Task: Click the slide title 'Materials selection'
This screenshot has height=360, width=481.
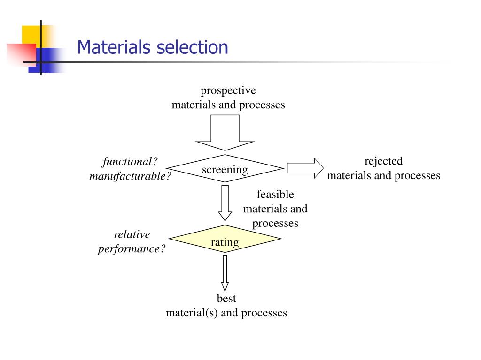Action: (153, 48)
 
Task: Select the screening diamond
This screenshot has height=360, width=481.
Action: (225, 169)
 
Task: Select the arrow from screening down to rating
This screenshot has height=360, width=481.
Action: (225, 202)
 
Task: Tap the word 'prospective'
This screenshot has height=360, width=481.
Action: (228, 90)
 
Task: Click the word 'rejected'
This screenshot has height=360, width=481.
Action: (384, 161)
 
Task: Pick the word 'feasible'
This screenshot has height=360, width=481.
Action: (275, 194)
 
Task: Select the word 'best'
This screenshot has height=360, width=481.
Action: (226, 298)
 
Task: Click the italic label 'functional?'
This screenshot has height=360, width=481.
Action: (130, 162)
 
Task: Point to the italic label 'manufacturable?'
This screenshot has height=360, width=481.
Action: (130, 176)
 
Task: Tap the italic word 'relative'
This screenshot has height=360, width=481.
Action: (132, 234)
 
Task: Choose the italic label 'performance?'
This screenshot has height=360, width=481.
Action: (132, 249)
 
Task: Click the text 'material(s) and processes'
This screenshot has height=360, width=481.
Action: (226, 313)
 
